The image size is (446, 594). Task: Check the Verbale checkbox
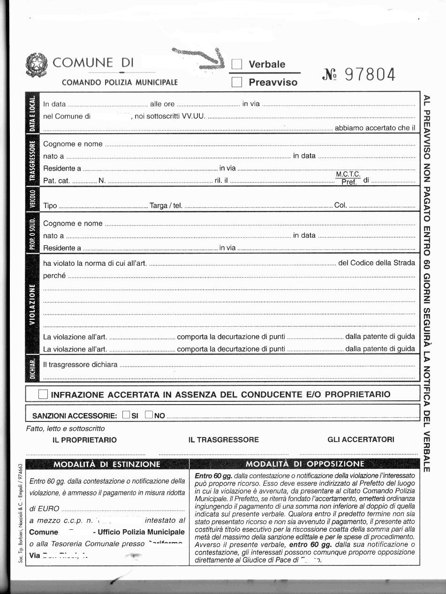[x=237, y=64]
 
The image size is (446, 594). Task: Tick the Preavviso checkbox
[x=237, y=83]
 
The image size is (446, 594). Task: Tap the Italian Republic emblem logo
[x=36, y=66]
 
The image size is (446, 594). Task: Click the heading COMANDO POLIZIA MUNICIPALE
[x=120, y=83]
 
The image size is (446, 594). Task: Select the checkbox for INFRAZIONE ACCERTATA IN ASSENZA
[x=43, y=394]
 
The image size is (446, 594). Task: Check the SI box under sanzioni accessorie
[x=126, y=414]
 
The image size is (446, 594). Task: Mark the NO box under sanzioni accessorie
[x=149, y=414]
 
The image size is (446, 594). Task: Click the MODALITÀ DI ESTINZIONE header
[x=107, y=464]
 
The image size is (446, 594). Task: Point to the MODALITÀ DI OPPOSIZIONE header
[x=305, y=464]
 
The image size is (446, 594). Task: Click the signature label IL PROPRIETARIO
[x=85, y=440]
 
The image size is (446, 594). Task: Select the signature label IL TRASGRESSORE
[x=223, y=440]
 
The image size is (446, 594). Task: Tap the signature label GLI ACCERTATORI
[x=361, y=440]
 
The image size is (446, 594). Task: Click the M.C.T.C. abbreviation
[x=348, y=174]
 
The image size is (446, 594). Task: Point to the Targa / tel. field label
[x=166, y=206]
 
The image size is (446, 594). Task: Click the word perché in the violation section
[x=54, y=276]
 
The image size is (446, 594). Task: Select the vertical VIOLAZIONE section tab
[x=32, y=302]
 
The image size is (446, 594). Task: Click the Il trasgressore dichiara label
[x=80, y=364]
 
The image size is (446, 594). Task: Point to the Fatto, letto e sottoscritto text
[x=66, y=429]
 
